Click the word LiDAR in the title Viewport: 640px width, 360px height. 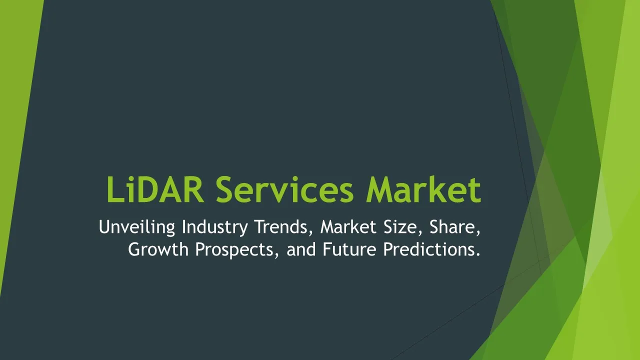pyautogui.click(x=155, y=189)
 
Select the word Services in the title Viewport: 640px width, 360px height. pyautogui.click(x=284, y=190)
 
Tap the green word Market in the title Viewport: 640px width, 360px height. pyautogui.click(x=423, y=189)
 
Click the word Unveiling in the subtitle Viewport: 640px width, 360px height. pyautogui.click(x=137, y=227)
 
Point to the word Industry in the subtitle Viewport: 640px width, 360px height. pyautogui.click(x=215, y=227)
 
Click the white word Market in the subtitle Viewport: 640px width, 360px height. pyautogui.click(x=348, y=227)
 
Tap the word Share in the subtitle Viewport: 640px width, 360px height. pyautogui.click(x=452, y=227)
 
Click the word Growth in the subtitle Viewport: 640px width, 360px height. pyautogui.click(x=158, y=249)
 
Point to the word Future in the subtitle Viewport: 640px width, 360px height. pyautogui.click(x=349, y=249)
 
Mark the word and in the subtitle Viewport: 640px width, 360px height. pyautogui.click(x=301, y=249)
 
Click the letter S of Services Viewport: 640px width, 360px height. pyautogui.click(x=225, y=190)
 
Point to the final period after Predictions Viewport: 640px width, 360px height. pyautogui.click(x=478, y=254)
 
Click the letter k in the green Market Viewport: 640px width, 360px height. pyautogui.click(x=441, y=189)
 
